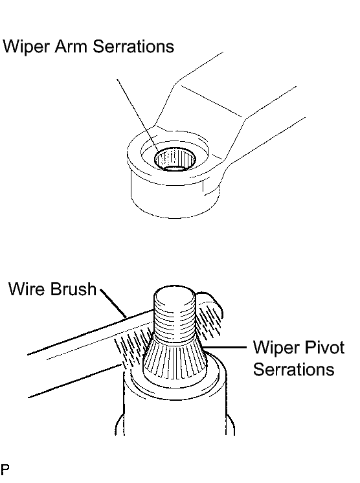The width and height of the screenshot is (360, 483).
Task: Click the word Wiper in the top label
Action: point(26,46)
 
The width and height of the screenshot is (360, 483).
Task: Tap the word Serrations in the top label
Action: point(133,46)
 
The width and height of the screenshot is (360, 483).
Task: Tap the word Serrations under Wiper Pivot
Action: point(293,368)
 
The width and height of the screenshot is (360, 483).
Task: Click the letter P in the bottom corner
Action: point(5,469)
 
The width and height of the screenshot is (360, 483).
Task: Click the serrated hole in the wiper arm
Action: point(175,159)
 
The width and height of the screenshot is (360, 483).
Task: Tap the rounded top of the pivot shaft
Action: point(174,296)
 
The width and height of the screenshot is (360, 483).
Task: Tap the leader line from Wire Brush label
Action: point(113,304)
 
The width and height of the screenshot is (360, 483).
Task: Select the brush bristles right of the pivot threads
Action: point(209,324)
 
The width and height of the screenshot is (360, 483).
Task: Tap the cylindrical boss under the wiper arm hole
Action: point(175,197)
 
